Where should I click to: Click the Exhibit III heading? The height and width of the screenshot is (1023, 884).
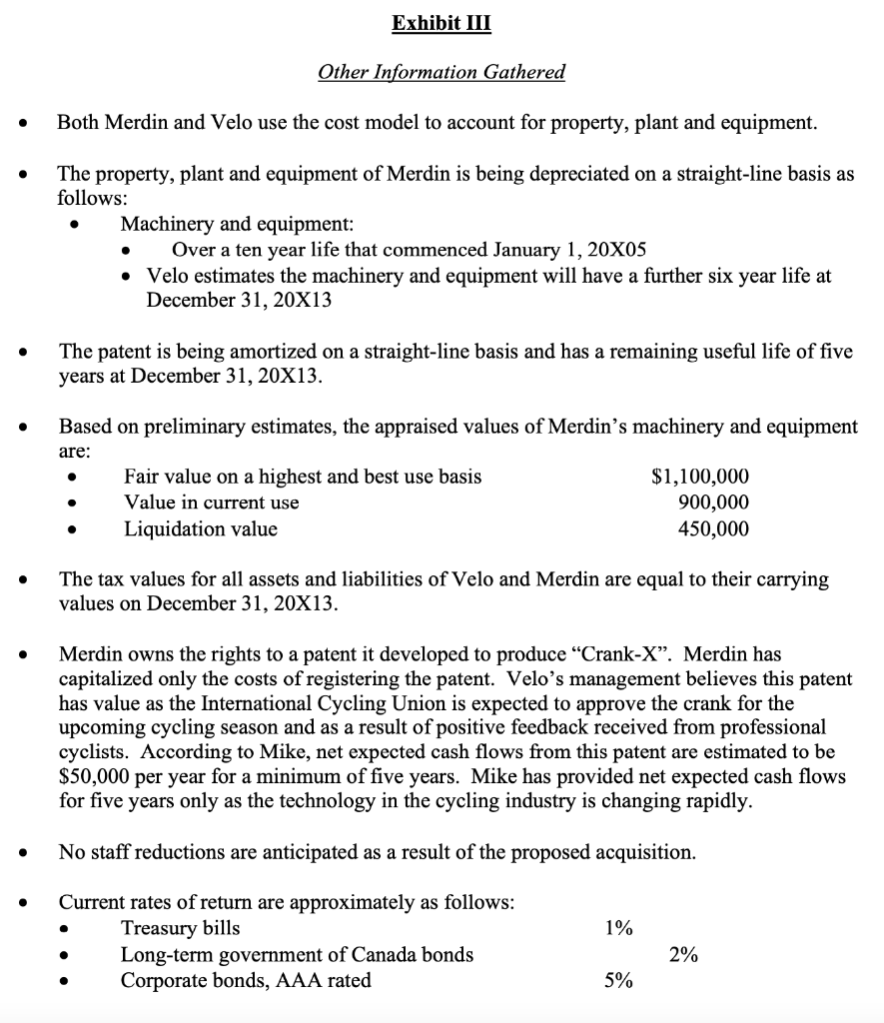click(442, 23)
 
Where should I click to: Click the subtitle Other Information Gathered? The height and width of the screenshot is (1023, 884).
click(442, 72)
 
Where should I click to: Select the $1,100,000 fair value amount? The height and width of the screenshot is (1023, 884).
click(699, 477)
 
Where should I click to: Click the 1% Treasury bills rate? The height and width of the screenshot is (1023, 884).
click(618, 928)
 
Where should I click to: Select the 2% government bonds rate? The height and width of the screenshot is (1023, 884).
click(684, 954)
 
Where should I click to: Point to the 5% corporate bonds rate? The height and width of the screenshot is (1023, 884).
click(618, 980)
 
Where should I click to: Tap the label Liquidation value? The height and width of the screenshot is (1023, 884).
click(200, 528)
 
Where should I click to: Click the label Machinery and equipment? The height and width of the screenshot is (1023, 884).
click(237, 223)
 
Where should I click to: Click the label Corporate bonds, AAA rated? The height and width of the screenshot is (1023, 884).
click(245, 980)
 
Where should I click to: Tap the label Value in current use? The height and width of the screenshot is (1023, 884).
click(211, 503)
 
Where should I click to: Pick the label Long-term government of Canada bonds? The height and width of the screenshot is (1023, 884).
click(297, 954)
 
